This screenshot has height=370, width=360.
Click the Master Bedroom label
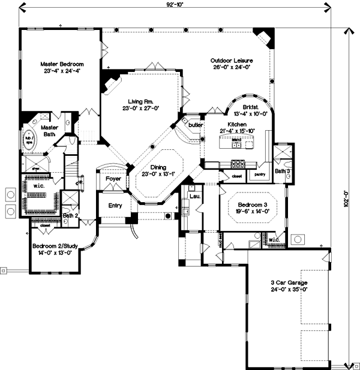click(62, 64)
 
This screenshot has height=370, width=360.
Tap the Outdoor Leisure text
click(231, 61)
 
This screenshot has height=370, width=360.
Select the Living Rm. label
click(142, 101)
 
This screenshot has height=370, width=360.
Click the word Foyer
click(113, 179)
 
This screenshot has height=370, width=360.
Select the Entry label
click(115, 206)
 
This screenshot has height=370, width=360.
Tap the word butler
click(194, 124)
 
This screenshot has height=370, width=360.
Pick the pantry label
click(260, 175)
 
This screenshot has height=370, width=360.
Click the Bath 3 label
click(283, 172)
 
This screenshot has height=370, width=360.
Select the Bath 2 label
click(70, 215)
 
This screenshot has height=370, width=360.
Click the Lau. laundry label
click(193, 197)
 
